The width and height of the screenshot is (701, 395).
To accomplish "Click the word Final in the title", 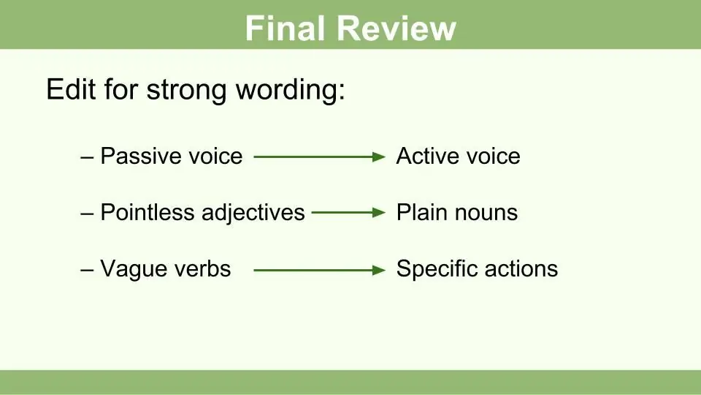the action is (x=285, y=29).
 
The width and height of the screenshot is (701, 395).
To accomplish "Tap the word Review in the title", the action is (x=396, y=29).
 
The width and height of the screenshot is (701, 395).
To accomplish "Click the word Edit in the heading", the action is (x=71, y=89).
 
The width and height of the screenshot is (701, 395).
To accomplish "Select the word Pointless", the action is (x=147, y=212).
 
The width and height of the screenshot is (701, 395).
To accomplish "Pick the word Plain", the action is (x=421, y=212).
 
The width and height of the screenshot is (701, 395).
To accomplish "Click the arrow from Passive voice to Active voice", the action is (x=320, y=157).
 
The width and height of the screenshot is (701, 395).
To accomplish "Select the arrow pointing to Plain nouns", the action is (x=349, y=213).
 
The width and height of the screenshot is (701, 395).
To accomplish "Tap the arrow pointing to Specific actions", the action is (x=320, y=270).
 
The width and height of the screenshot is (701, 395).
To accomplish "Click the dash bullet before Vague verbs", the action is (x=87, y=270).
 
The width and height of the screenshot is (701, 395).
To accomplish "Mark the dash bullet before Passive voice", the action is (x=87, y=157).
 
